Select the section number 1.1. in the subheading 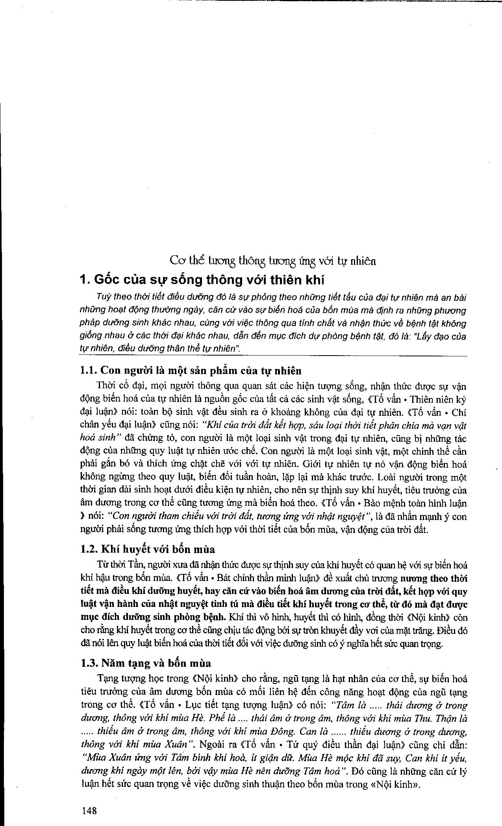click(x=89, y=371)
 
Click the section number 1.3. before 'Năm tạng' click(x=89, y=663)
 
